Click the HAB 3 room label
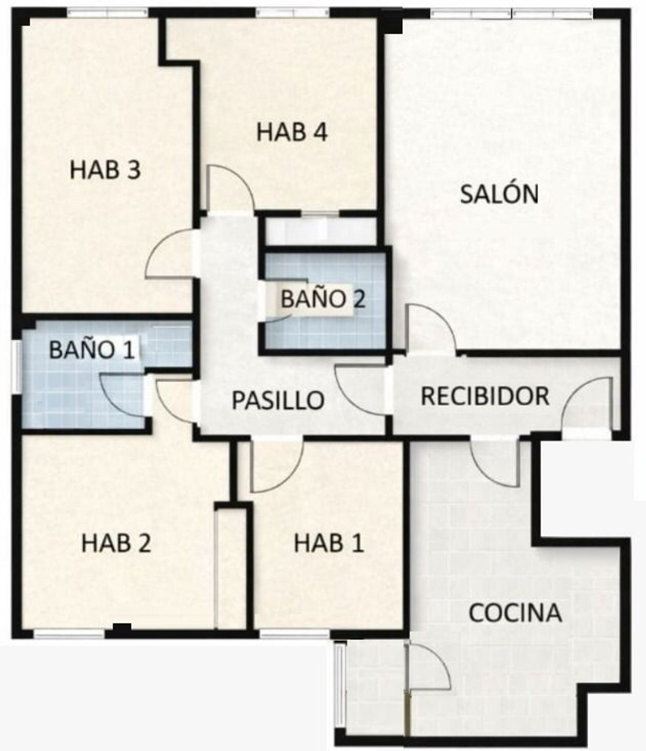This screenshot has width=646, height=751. (x=105, y=170)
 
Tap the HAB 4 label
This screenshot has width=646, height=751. (x=292, y=132)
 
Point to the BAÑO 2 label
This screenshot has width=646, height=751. (x=323, y=299)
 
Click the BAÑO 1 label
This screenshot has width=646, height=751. (x=92, y=350)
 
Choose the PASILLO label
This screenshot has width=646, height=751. (x=278, y=400)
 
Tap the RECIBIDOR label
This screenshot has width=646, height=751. (x=485, y=396)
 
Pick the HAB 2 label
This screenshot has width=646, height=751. (x=116, y=543)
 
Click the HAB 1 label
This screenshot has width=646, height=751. (x=329, y=543)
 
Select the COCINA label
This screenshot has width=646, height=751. (x=515, y=613)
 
